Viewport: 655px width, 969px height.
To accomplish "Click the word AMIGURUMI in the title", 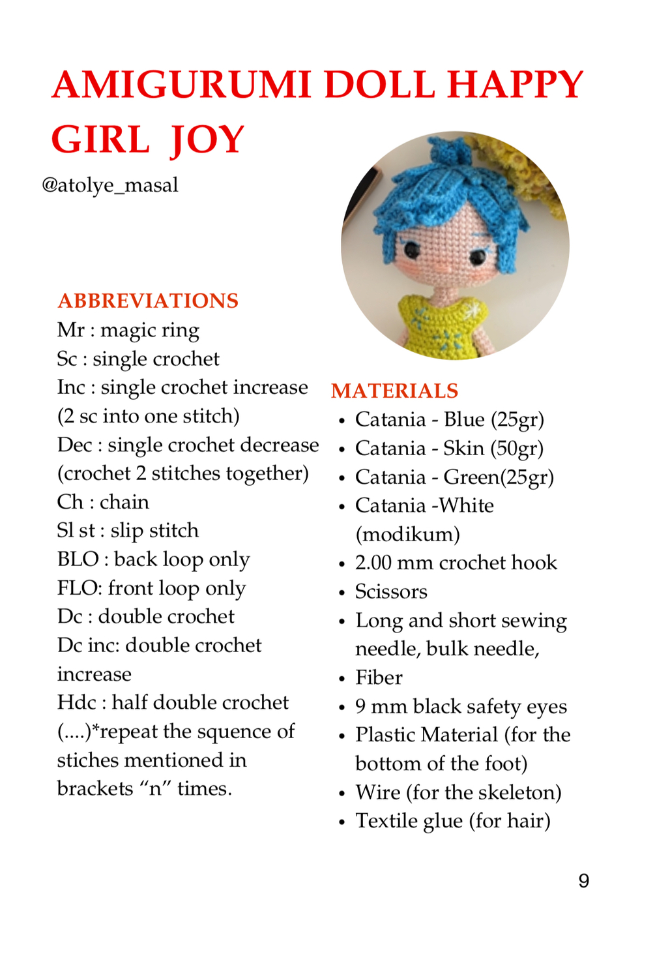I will pyautogui.click(x=182, y=85).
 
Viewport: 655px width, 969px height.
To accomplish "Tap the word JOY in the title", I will pyautogui.click(x=207, y=141).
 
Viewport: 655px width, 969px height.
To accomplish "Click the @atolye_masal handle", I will pyautogui.click(x=109, y=185).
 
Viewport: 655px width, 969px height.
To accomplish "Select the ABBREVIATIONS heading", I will pyautogui.click(x=148, y=301).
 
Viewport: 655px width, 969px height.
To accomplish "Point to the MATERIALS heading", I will pyautogui.click(x=394, y=391).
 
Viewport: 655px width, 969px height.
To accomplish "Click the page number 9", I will pyautogui.click(x=583, y=881).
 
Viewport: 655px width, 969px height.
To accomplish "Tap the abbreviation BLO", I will pyautogui.click(x=77, y=559).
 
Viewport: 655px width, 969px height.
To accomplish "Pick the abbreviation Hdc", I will pyautogui.click(x=76, y=702).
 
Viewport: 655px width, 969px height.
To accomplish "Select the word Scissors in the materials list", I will pyautogui.click(x=391, y=591).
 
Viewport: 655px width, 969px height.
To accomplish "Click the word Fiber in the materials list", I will pyautogui.click(x=379, y=678).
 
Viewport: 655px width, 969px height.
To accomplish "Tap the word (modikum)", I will pyautogui.click(x=407, y=535).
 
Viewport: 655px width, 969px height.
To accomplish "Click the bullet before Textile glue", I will pyautogui.click(x=342, y=822).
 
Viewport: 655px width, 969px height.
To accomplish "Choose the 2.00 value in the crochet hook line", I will pyautogui.click(x=373, y=563).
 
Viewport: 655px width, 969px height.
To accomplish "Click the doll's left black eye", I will pyautogui.click(x=412, y=248).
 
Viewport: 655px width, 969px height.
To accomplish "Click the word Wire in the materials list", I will pyautogui.click(x=377, y=792).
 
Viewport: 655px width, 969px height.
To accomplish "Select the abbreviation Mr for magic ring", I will pyautogui.click(x=70, y=330).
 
